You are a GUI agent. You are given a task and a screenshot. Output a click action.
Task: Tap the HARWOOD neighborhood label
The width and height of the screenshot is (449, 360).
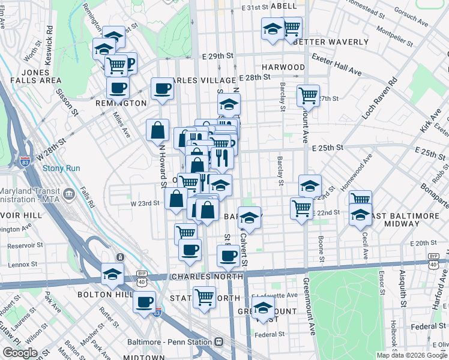click(x=283, y=67)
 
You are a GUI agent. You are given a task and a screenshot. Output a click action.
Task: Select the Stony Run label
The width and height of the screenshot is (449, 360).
click(x=61, y=169)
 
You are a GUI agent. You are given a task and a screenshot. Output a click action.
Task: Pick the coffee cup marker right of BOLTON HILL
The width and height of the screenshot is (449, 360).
click(x=144, y=302)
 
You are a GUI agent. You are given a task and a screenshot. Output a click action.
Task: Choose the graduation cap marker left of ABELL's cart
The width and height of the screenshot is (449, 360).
click(x=273, y=28)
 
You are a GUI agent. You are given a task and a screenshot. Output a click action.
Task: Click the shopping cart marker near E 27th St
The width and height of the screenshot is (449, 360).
click(x=308, y=94)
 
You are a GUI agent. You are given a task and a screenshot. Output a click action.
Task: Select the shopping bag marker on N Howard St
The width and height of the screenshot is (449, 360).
click(x=157, y=129)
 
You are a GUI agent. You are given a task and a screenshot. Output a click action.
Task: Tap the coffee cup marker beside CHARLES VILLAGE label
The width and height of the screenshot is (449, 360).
click(x=162, y=88)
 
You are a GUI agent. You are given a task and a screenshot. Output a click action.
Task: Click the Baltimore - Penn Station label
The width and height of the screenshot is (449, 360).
click(x=169, y=341)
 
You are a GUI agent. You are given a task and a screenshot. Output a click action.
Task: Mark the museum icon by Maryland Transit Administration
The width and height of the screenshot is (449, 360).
click(x=68, y=193)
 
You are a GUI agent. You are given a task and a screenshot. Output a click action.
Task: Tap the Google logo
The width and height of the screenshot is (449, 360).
click(x=20, y=353)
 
